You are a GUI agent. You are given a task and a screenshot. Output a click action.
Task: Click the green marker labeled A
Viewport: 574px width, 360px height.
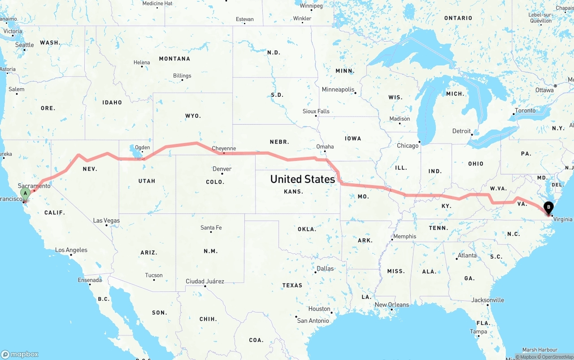[26, 194]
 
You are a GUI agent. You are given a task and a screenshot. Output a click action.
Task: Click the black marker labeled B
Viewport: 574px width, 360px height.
[548, 207]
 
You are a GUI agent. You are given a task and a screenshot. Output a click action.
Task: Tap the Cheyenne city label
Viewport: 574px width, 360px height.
[223, 148]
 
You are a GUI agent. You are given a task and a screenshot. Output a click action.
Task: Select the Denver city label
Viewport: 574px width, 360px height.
[222, 169]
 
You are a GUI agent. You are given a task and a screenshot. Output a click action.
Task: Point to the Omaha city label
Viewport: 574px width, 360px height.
[325, 147]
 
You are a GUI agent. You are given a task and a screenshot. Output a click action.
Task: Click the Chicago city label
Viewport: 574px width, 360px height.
[407, 146]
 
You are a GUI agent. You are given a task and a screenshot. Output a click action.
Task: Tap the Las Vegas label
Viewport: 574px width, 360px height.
[106, 221]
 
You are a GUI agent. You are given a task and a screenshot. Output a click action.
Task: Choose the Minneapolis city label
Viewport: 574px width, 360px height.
[338, 90]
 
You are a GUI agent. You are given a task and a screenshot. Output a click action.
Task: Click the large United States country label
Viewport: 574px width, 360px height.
[303, 179]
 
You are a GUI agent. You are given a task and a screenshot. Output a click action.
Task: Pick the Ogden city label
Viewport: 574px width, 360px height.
[142, 147]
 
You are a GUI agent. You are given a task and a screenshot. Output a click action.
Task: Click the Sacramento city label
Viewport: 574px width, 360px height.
[34, 186]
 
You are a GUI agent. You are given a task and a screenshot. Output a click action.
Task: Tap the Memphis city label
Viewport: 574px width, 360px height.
[404, 236]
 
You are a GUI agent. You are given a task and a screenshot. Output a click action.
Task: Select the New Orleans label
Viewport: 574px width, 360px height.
[392, 305]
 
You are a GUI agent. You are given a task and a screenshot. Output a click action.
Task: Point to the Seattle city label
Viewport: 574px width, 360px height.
[24, 45]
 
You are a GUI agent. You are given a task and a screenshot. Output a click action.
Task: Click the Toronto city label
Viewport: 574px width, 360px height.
[525, 110]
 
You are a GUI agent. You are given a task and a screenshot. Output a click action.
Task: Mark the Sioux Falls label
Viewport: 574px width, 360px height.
[316, 111]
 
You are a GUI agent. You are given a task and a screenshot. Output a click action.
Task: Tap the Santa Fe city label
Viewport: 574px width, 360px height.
[211, 228]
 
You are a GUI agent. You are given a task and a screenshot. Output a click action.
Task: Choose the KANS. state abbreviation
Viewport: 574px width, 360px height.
[293, 191]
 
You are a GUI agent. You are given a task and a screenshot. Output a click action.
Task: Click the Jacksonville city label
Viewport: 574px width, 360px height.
[487, 300]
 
